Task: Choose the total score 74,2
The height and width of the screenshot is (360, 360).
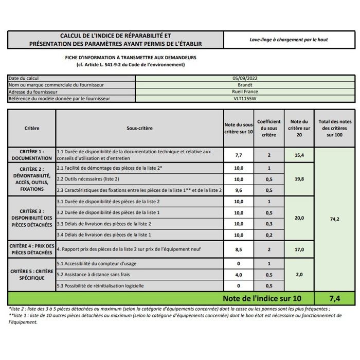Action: pos(334,219)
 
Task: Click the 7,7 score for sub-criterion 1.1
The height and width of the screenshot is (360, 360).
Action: pos(239,155)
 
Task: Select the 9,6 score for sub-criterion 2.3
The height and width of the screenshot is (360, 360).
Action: pos(239,190)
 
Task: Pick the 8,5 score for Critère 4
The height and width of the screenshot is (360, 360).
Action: pos(239,250)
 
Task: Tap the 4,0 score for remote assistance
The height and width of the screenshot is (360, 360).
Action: pos(239,275)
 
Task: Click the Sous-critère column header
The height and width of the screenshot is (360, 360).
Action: pos(139,128)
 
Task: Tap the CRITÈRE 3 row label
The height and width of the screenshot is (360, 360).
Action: pos(32,218)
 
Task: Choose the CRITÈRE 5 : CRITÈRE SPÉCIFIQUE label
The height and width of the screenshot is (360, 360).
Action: pos(32,274)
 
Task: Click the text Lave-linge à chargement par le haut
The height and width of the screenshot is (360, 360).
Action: pos(289,40)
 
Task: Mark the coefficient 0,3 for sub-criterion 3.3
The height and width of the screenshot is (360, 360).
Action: pos(268,224)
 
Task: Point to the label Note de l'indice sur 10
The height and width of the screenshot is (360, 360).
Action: pos(261,298)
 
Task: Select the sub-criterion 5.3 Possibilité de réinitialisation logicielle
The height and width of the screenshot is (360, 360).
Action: pos(100,286)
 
